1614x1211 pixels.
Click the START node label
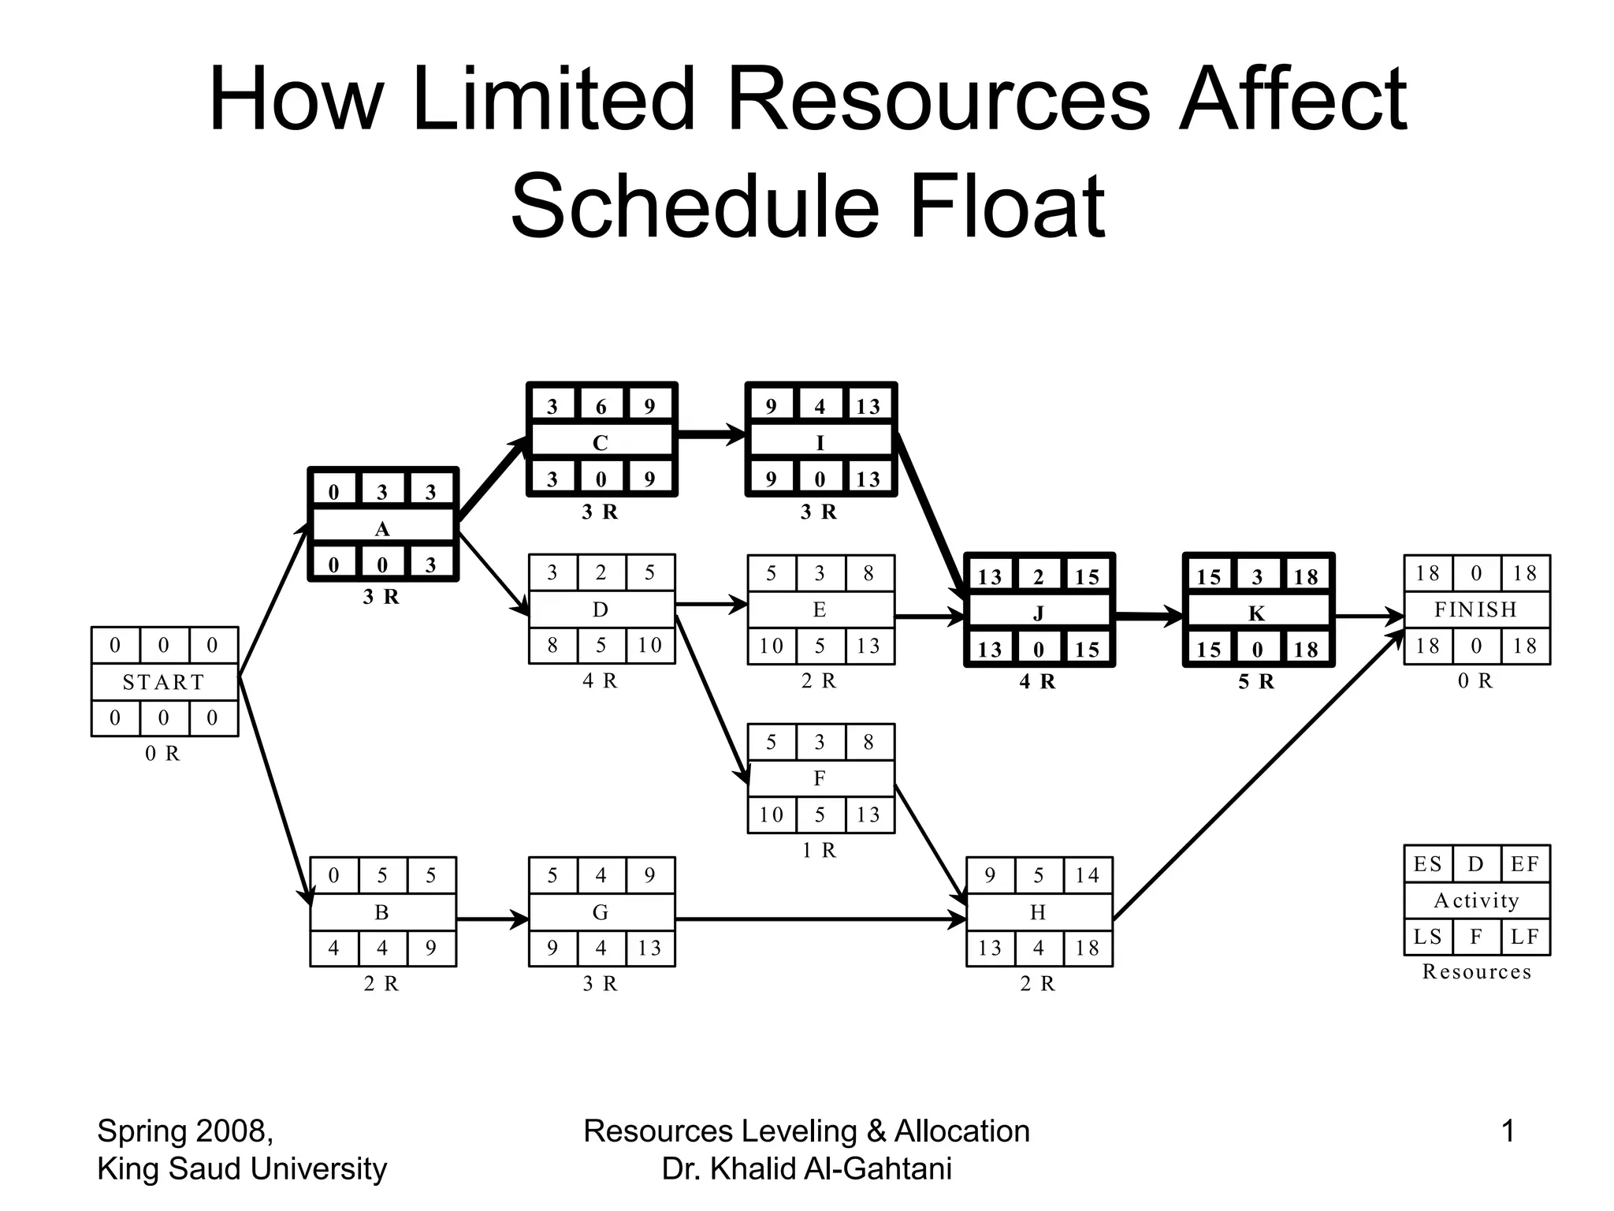[164, 682]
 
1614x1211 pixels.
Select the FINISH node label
[1476, 609]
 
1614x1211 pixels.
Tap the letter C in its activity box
[601, 443]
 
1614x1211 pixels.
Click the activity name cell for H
[1039, 912]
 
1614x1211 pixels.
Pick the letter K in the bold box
[1257, 613]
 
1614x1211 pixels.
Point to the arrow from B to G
[493, 919]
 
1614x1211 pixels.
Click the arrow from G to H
[820, 919]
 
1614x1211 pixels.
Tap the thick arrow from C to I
[711, 434]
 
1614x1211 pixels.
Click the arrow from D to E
[711, 605]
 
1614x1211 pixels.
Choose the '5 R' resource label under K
[1256, 682]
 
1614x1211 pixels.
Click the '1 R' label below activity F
[819, 851]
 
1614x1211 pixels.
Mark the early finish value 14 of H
[1088, 875]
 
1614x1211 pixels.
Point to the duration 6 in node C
[601, 407]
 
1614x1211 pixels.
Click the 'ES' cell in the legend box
[1428, 864]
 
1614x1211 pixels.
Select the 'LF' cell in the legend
[1525, 937]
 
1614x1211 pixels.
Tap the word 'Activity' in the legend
[1477, 900]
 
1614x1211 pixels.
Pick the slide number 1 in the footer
[1508, 1131]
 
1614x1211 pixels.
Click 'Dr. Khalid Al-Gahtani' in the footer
[807, 1168]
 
